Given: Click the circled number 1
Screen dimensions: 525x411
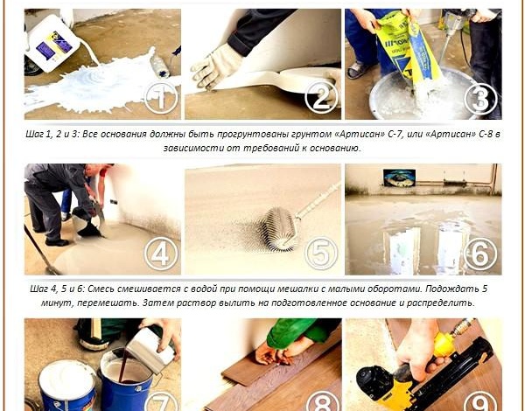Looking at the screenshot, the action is [161, 98].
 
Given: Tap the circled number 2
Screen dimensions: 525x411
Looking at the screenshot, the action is [321, 98].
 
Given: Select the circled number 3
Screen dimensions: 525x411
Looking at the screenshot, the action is [480, 98].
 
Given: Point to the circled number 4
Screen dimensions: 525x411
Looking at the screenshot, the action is [161, 254].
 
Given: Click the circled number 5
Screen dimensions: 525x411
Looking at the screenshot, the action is [321, 254].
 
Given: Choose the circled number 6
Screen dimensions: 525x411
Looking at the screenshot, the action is [480, 254].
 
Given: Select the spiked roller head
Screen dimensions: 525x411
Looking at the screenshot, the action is [281, 229].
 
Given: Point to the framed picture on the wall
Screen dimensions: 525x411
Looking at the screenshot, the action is [399, 178].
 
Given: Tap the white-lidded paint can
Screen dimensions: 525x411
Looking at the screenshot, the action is [67, 386].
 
